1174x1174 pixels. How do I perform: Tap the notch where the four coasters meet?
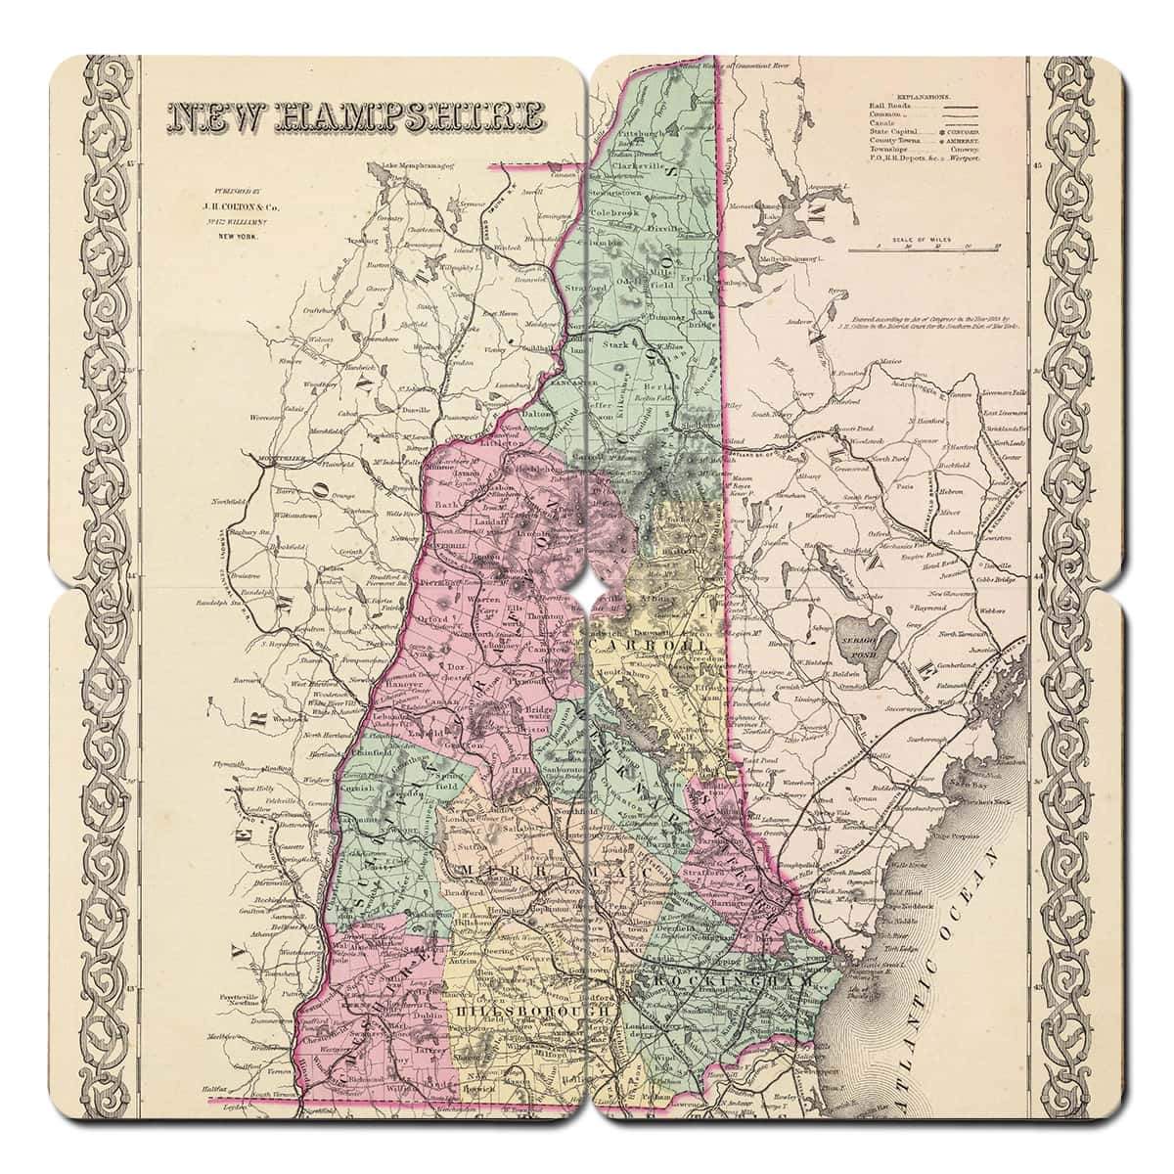click(x=587, y=587)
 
